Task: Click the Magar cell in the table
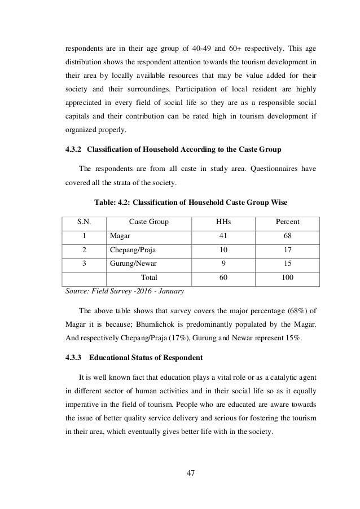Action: (119, 236)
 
